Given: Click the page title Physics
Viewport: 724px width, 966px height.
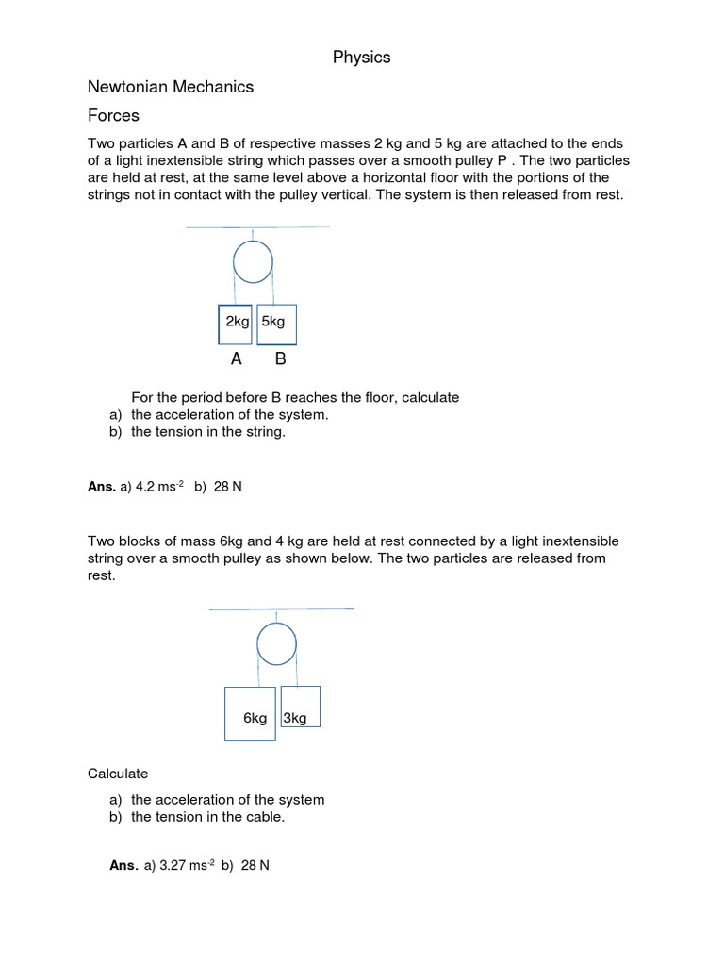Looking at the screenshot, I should (361, 58).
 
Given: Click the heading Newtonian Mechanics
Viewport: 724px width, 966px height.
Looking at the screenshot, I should (171, 87).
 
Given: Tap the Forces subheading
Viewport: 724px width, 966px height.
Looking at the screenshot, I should (113, 116).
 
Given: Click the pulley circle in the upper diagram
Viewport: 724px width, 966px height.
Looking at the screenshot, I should (253, 262).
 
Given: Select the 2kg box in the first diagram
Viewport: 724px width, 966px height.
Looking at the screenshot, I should (237, 323).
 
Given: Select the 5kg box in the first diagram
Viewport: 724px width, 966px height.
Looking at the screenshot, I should (276, 323).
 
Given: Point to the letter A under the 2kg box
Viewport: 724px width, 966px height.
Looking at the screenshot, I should (237, 359).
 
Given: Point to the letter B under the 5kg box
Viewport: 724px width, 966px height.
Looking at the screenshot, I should (280, 359).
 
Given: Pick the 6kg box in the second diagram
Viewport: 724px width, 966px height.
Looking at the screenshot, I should (251, 714).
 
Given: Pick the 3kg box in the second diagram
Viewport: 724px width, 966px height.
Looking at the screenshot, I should (300, 707).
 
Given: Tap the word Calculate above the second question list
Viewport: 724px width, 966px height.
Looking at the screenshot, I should (118, 774).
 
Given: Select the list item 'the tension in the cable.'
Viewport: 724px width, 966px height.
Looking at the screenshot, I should (207, 817).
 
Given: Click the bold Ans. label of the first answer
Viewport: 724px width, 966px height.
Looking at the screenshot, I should (101, 487).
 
